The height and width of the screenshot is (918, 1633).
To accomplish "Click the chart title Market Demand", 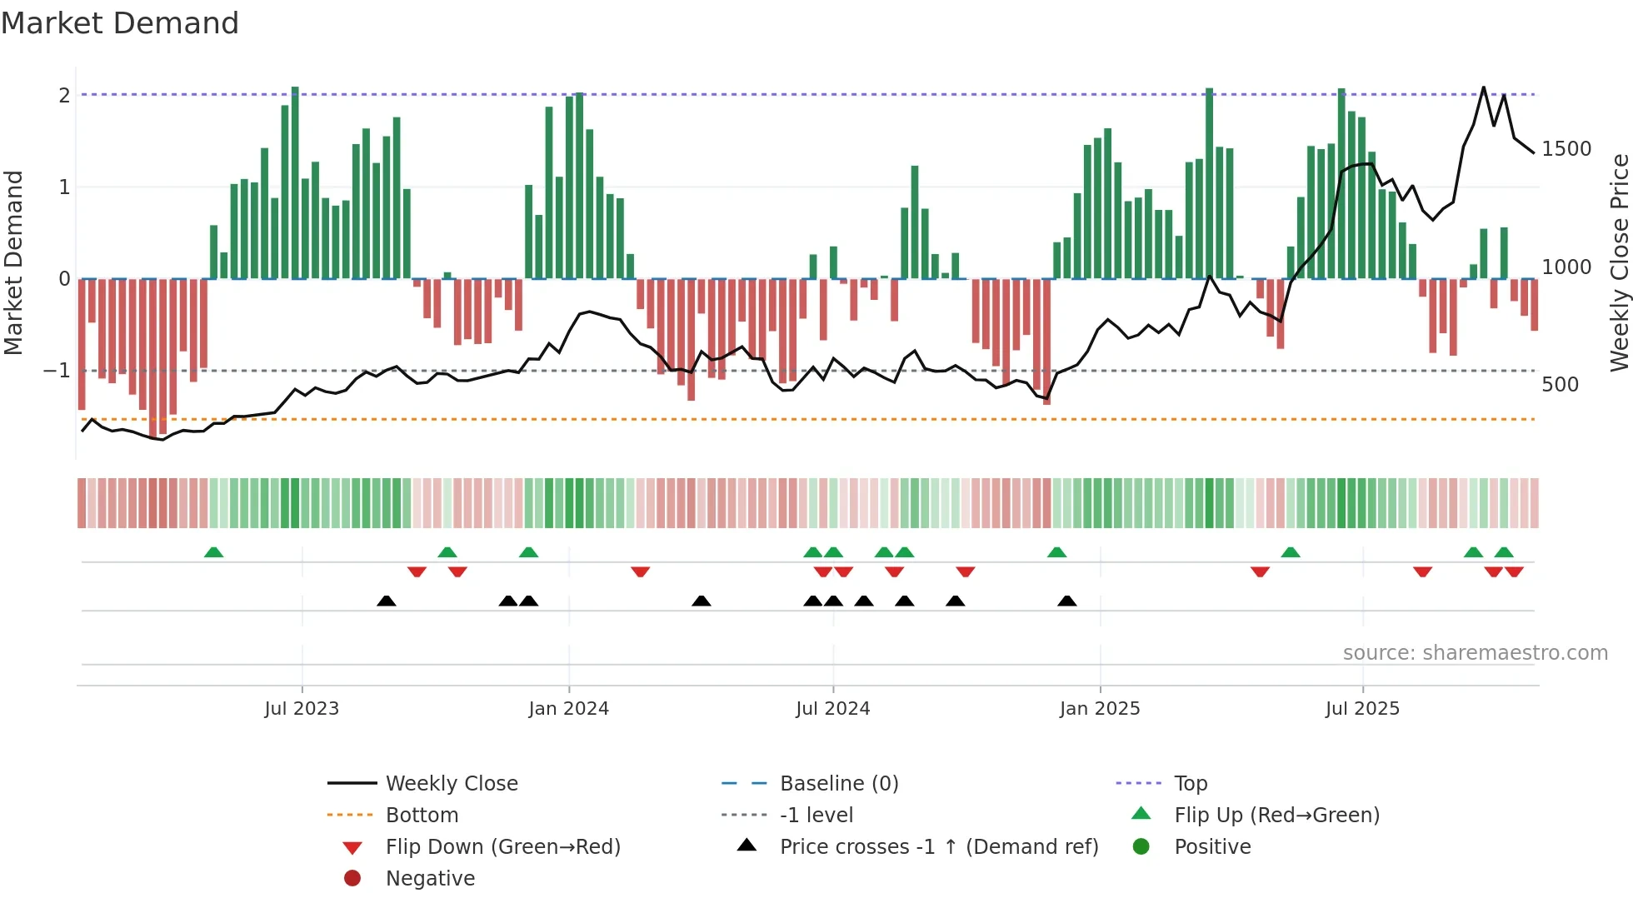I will point(120,23).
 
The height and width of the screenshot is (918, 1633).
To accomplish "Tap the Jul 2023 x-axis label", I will point(302,709).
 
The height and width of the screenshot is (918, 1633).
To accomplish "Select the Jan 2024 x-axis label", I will point(568,709).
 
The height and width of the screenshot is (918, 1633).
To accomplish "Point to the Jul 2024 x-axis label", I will point(832,709).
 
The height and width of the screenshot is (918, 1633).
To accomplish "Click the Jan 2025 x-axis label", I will point(1099,709).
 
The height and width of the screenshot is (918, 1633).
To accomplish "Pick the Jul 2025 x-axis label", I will point(1362,709).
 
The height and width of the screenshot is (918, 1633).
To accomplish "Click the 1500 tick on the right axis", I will point(1566,149).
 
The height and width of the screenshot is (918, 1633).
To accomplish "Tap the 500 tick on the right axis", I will point(1560,385).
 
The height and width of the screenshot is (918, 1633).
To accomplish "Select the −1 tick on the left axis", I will point(57,370).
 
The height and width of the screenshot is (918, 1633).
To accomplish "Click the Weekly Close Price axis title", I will point(1619,262).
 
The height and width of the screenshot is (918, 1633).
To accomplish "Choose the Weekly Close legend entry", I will point(451,784).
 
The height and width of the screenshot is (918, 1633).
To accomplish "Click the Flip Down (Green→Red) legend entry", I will point(502,847).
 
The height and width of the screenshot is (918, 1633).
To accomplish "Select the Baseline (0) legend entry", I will point(838,784).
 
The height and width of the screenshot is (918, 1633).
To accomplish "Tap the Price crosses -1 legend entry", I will point(938,847).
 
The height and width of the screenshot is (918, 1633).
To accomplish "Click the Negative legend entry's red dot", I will point(352,879).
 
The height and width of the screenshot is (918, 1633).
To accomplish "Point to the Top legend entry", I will point(1190,784).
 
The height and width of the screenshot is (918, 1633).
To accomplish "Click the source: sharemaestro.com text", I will point(1475,653).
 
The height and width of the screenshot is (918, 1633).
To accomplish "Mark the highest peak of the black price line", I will point(1483,87).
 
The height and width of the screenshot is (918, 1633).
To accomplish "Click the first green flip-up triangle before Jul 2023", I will point(214,552).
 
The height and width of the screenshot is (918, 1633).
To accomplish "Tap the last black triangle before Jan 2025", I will point(1066,601).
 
